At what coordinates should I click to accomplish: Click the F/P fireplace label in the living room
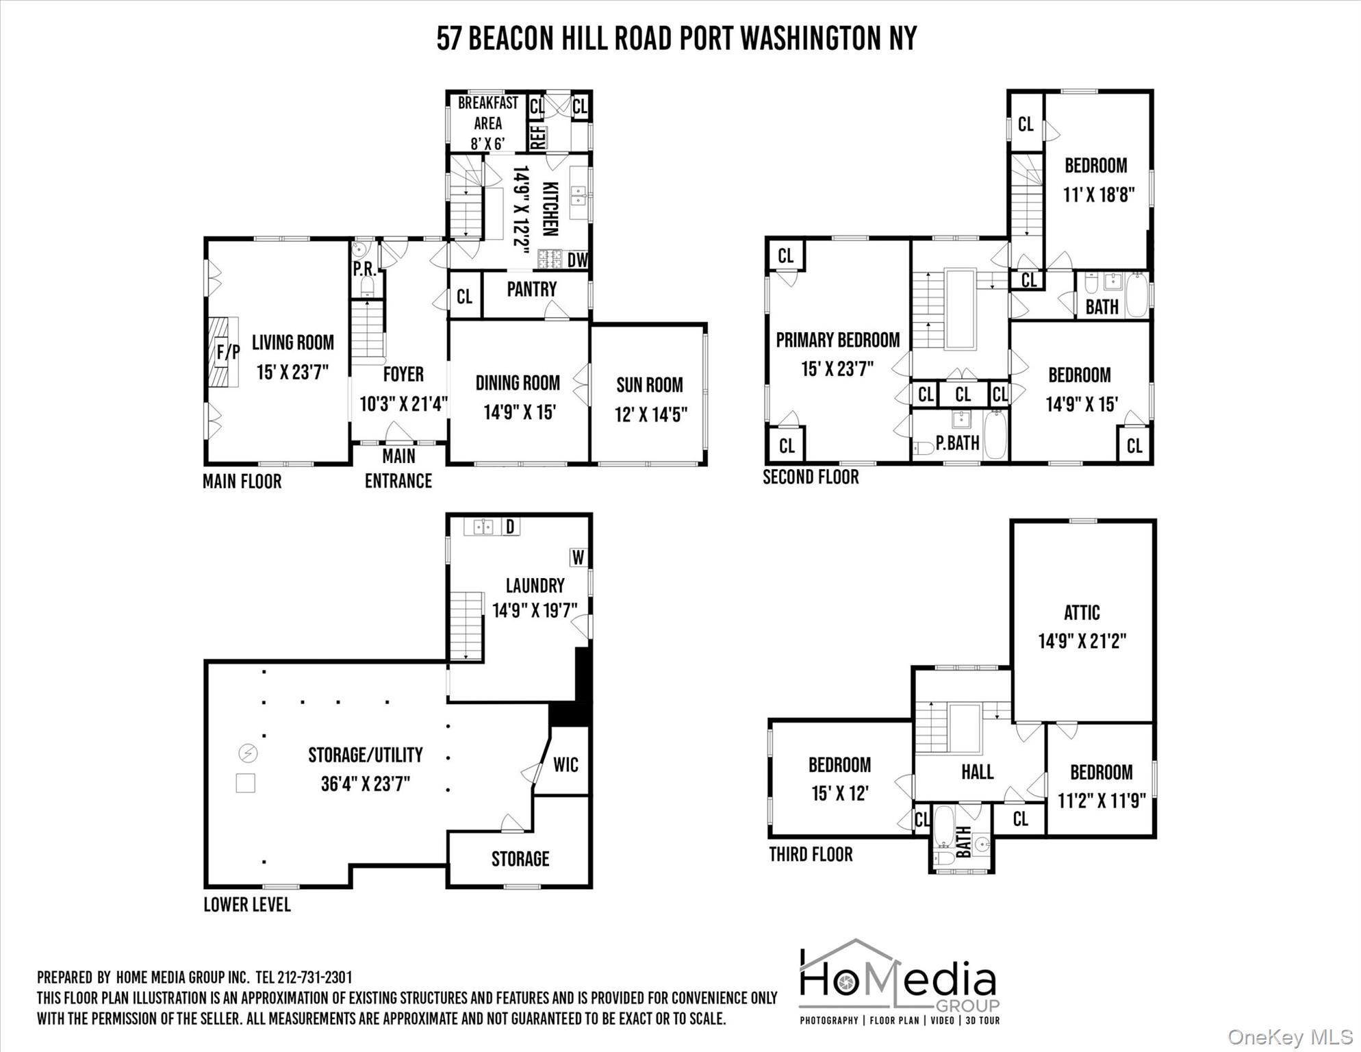(228, 352)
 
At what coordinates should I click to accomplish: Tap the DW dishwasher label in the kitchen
(576, 260)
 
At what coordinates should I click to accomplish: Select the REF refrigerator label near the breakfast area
(537, 137)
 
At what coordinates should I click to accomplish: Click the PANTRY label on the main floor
(531, 289)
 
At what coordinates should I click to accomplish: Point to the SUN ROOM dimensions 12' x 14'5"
(650, 414)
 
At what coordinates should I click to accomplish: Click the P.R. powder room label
(364, 269)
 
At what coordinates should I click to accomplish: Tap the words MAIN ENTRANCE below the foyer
(398, 468)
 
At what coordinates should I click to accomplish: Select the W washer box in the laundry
(578, 558)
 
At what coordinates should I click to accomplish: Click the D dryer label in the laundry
(509, 527)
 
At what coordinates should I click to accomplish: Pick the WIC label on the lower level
(565, 764)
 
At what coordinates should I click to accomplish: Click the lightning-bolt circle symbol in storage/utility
(247, 753)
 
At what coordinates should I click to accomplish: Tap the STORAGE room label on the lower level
(520, 859)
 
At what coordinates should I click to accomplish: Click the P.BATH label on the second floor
(957, 443)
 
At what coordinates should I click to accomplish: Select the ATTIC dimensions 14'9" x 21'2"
(1082, 641)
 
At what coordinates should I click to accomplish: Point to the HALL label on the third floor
(977, 772)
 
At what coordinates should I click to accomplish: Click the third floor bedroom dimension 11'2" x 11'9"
(1101, 801)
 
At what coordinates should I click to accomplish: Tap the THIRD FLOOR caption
(811, 854)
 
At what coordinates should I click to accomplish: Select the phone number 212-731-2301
(315, 977)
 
